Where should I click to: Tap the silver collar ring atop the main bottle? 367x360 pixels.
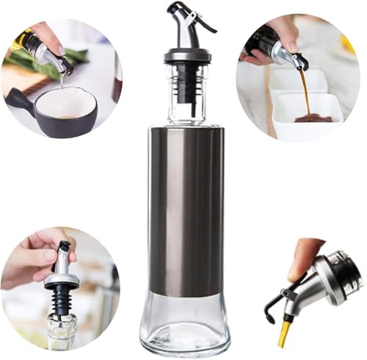[187, 55]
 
